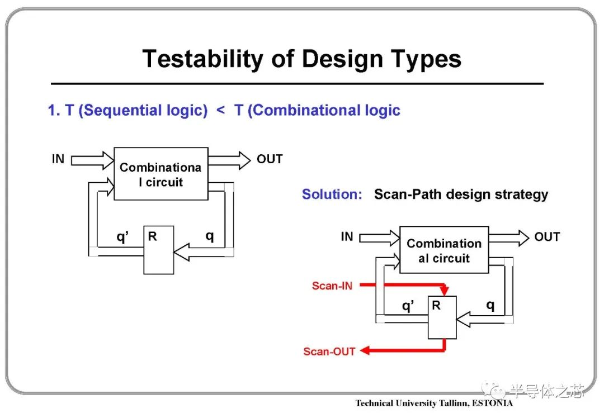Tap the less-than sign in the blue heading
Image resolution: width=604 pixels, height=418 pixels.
pos(221,111)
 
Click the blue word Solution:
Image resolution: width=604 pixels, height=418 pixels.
pos(332,194)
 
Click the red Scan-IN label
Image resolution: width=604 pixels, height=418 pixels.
pos(332,286)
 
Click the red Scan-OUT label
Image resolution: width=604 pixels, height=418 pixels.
pos(329,351)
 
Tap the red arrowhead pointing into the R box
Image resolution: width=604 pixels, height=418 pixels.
pos(445,291)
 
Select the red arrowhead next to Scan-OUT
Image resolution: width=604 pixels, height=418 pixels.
pos(365,350)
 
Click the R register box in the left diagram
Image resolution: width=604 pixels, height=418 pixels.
pos(159,250)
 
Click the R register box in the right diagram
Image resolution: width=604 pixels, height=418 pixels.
pos(442,317)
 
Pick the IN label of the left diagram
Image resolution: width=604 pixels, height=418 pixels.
pos(58,159)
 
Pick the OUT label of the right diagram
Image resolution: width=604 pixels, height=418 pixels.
pos(547,237)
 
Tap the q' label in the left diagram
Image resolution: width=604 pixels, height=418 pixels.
pos(122,236)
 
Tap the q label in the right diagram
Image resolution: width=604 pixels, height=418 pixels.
pos(490,306)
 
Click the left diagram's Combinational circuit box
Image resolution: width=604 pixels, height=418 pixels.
pos(161,174)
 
